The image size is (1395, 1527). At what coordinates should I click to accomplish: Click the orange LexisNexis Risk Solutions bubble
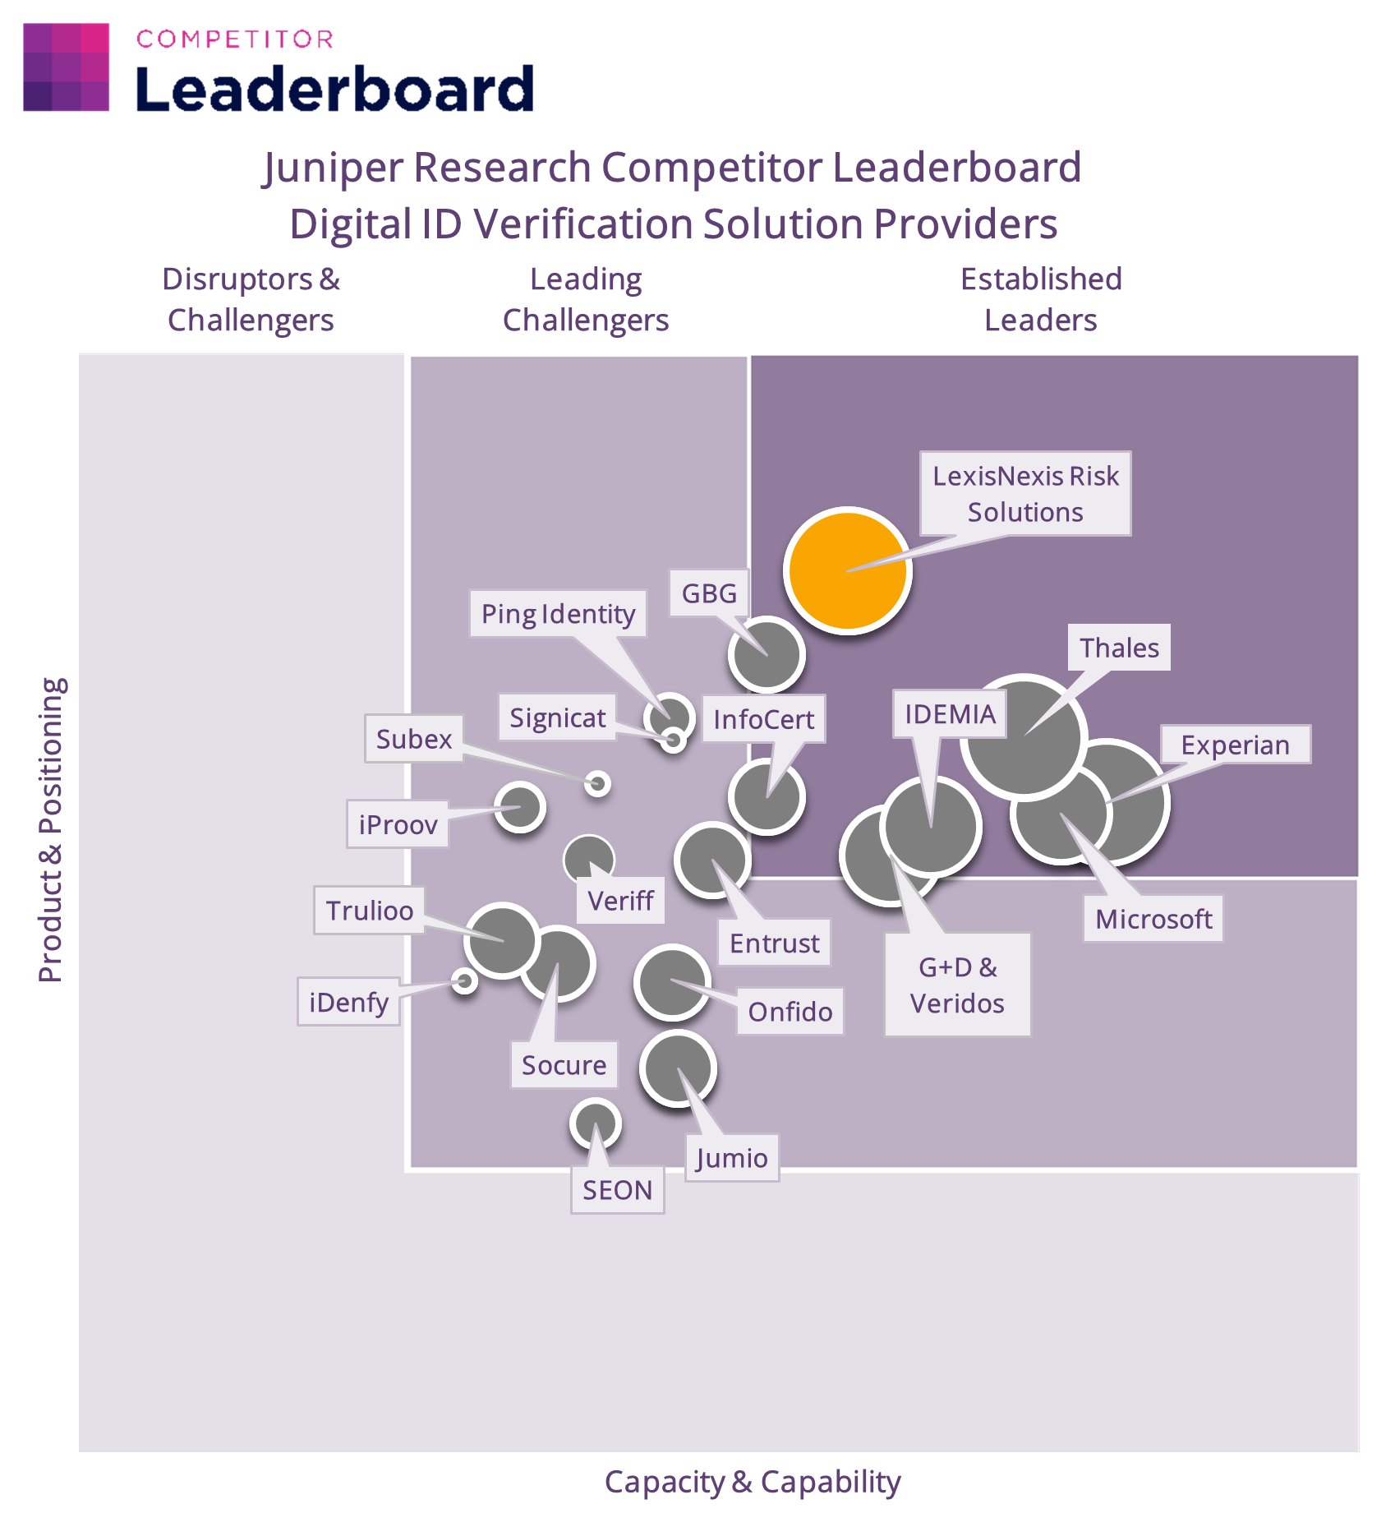point(847,570)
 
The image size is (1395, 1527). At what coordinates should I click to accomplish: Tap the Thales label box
point(1119,648)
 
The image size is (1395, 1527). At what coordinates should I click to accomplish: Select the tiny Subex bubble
point(597,783)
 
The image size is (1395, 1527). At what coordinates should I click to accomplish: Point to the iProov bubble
point(519,807)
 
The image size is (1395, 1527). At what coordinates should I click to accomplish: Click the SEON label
point(617,1190)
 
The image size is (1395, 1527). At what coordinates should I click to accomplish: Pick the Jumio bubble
point(678,1069)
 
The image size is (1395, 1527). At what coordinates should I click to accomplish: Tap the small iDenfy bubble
point(465,980)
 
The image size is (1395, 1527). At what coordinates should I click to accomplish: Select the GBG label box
point(708,593)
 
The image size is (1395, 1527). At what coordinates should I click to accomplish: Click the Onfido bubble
point(672,982)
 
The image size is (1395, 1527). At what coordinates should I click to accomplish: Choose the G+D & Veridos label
point(957,985)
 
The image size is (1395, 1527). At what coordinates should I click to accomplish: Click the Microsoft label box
point(1153,919)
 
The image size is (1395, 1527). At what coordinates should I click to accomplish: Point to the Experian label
point(1235,745)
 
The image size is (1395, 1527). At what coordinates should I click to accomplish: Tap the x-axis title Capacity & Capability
point(753,1481)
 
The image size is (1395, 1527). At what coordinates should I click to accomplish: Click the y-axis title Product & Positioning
point(51,829)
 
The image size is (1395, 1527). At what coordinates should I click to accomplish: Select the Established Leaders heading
point(1041,299)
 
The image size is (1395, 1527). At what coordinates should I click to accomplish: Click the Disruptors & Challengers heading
point(251,299)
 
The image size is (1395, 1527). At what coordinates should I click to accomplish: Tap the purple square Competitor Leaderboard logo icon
point(66,67)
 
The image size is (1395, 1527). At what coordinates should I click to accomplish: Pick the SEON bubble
point(595,1123)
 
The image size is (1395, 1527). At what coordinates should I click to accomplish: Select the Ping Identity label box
point(558,614)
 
